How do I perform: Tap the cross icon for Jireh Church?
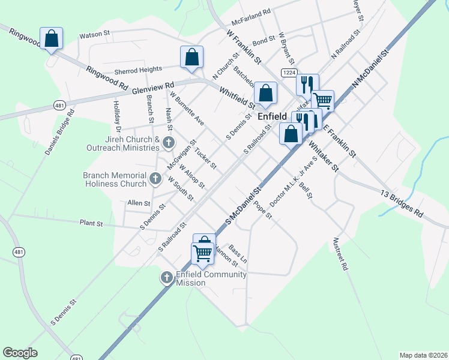click(x=169, y=143)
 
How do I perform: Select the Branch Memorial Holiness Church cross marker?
click(x=155, y=178)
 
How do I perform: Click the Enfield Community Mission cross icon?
click(x=167, y=277)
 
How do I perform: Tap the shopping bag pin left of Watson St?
click(x=52, y=39)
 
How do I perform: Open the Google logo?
click(x=20, y=353)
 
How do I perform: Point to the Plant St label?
click(x=92, y=223)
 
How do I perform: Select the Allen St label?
click(x=138, y=204)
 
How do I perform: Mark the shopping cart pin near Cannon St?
click(x=202, y=253)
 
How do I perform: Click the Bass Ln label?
click(x=238, y=254)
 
